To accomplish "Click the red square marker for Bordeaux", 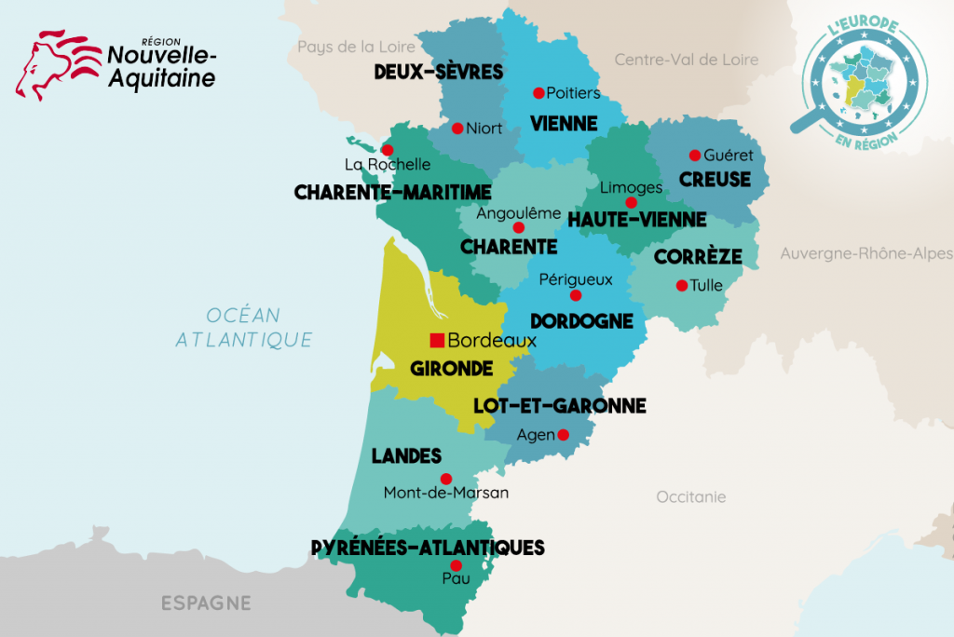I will [x=436, y=340].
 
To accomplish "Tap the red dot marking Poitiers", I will [x=538, y=92].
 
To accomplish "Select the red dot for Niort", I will [x=457, y=129].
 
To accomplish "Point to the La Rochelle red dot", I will [x=388, y=150].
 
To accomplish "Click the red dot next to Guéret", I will [x=694, y=155].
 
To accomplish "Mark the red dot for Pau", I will [x=456, y=565].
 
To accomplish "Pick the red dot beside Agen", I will [x=563, y=434].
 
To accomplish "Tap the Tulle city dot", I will [x=681, y=286].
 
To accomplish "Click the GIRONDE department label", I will [x=452, y=369].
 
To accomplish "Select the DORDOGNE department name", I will [x=581, y=321].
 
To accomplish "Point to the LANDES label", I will [x=406, y=456].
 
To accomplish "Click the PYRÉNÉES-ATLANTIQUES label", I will [x=428, y=548].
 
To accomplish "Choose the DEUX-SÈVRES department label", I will [x=438, y=72].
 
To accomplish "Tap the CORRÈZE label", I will [x=698, y=256].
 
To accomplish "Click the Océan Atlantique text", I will [x=244, y=328].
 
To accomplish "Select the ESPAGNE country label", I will [x=206, y=603].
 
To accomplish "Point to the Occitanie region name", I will [x=690, y=497].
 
